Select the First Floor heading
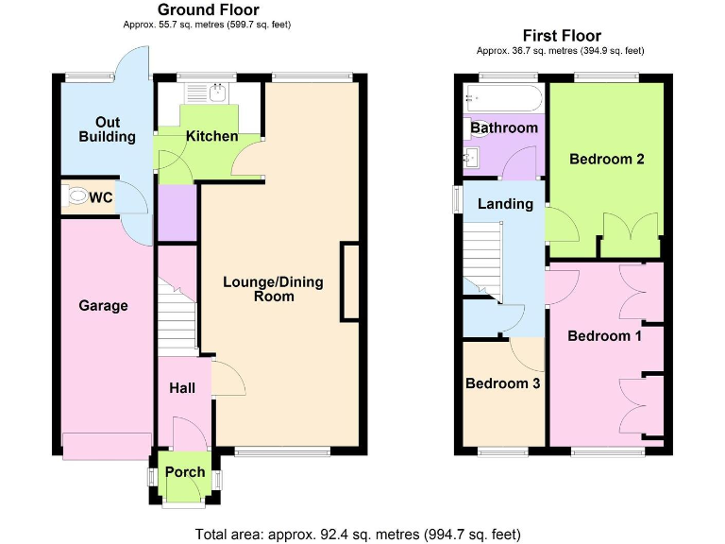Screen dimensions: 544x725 coord(562,36)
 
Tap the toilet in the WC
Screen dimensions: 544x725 coord(75,197)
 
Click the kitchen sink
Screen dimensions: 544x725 coord(216,92)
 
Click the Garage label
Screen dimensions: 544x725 coord(103,306)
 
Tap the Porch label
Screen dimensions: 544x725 coord(185,472)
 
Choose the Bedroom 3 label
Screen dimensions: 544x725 coord(502,383)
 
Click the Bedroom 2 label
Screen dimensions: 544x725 coord(606,160)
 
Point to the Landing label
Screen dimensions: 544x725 coord(505,204)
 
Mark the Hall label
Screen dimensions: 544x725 coord(181,388)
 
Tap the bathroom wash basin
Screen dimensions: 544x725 coord(474,158)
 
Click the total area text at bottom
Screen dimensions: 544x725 coord(358,534)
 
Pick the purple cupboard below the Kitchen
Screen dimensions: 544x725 coord(176,213)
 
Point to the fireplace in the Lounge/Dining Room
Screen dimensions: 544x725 coord(350,281)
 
